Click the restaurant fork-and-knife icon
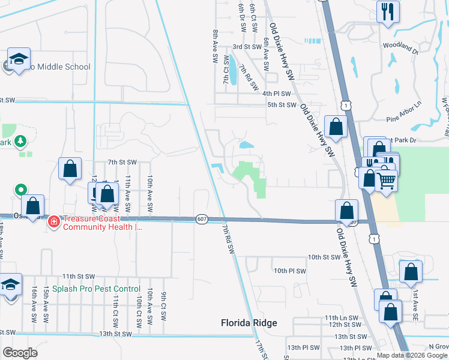coord(388,11)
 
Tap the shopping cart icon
coord(386,179)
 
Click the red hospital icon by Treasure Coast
coord(54,221)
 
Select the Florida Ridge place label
coord(249,323)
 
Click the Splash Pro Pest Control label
coord(96,289)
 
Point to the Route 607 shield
coord(202,220)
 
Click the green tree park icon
coord(21,141)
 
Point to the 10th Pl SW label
coord(290,271)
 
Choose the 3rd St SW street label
coord(246,46)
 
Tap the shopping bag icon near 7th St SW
coord(70,168)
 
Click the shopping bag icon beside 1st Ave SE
coord(410,271)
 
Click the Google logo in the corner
coord(20,352)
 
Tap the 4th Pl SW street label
coord(277,94)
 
